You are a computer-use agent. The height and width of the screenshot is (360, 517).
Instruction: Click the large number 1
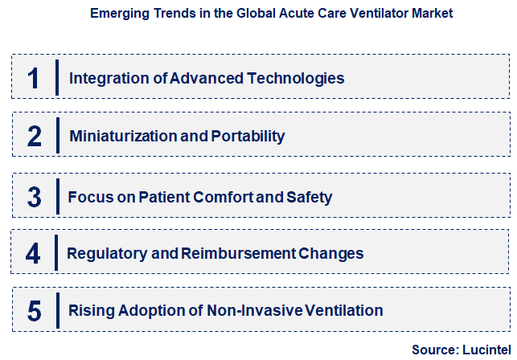34,79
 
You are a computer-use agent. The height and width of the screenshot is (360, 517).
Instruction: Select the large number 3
34,197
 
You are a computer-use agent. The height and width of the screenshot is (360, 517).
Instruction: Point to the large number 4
33,254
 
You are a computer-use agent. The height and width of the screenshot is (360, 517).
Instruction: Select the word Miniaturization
123,137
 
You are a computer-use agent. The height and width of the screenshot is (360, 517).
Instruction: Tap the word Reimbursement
228,254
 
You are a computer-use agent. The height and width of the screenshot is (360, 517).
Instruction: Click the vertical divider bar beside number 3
57,197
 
